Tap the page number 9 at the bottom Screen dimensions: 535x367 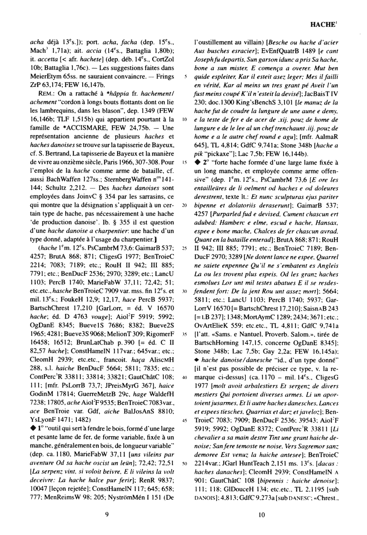[x=107, y=515]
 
